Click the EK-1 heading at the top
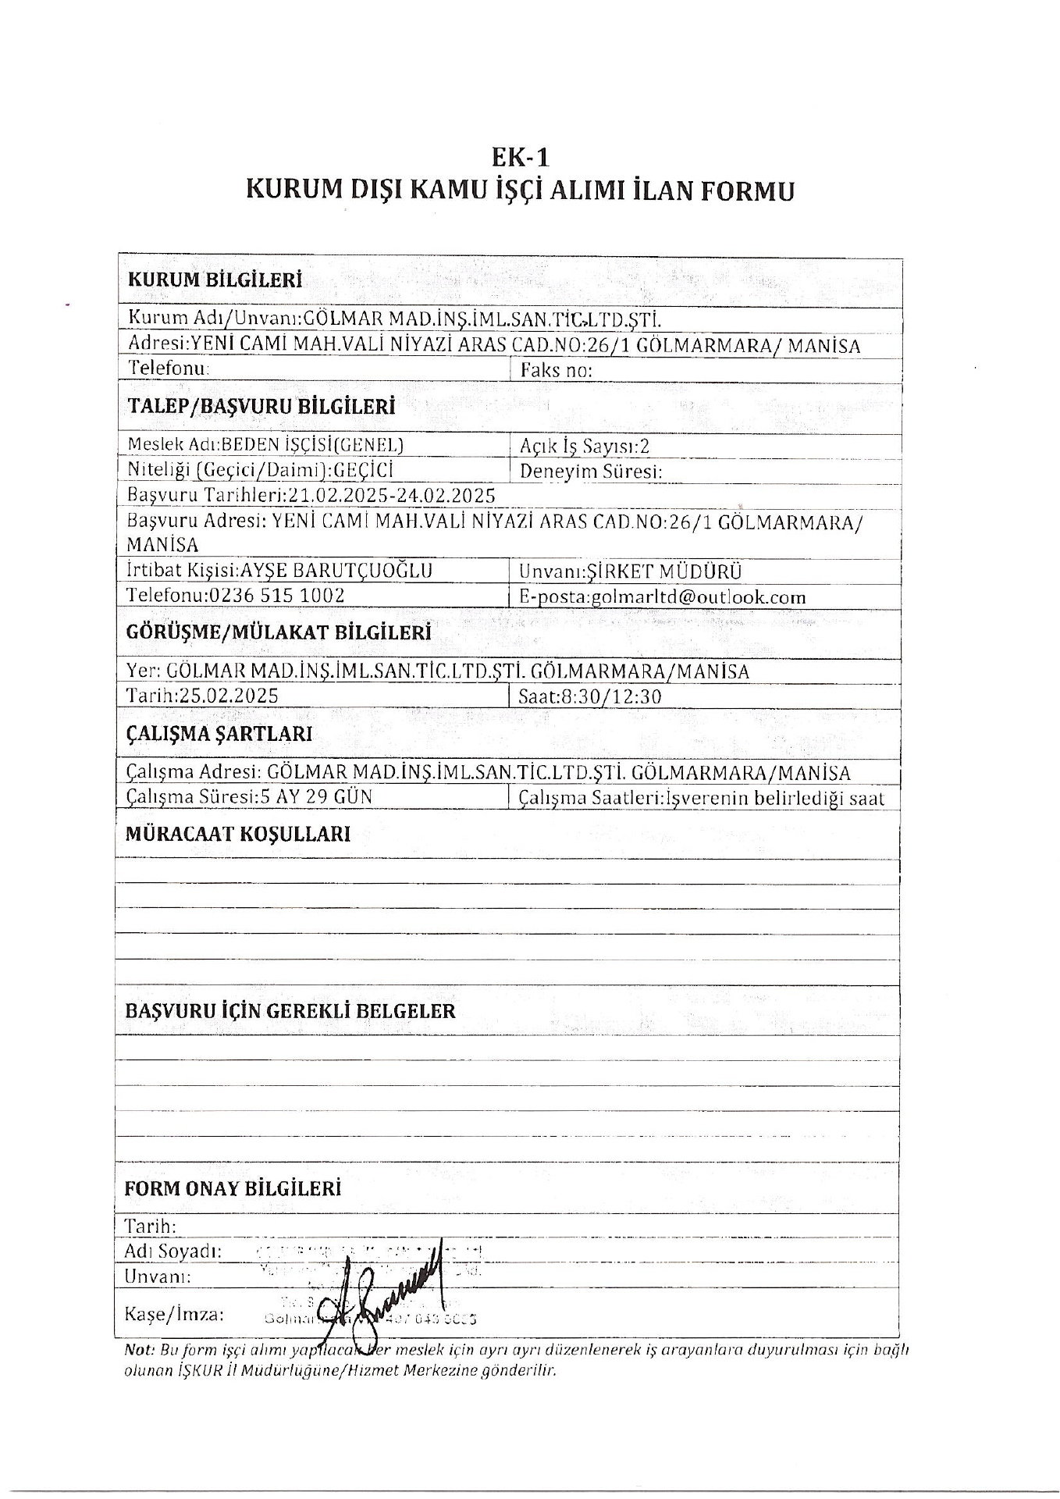(x=520, y=158)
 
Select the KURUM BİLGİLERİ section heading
(x=215, y=280)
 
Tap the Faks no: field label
(x=556, y=370)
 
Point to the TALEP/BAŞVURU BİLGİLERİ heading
(x=260, y=407)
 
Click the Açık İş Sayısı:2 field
(x=585, y=446)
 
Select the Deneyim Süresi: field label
(x=591, y=471)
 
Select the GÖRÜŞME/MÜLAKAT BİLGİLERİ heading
(x=279, y=632)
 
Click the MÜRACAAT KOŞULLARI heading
(x=238, y=834)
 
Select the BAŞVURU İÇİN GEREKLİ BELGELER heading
(x=290, y=1011)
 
